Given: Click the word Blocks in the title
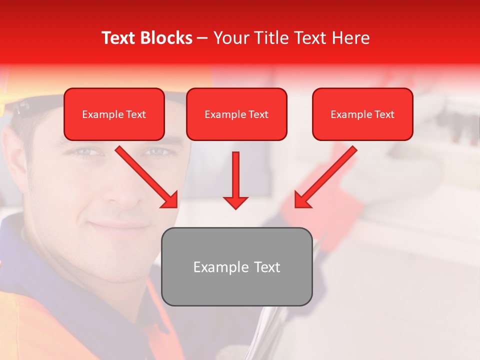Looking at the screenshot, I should (166, 38).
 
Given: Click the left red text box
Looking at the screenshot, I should (114, 114).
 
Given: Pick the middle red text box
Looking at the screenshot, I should (236, 114).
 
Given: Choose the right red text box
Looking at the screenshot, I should (362, 114).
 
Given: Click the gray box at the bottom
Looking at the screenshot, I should (236, 267).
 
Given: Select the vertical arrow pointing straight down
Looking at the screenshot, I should (235, 180).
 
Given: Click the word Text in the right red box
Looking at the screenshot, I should (384, 114).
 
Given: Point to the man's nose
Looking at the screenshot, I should (119, 190).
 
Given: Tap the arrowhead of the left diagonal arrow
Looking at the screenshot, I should (170, 200).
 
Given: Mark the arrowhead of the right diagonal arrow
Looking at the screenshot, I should (302, 200).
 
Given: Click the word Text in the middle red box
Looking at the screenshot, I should (258, 114).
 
